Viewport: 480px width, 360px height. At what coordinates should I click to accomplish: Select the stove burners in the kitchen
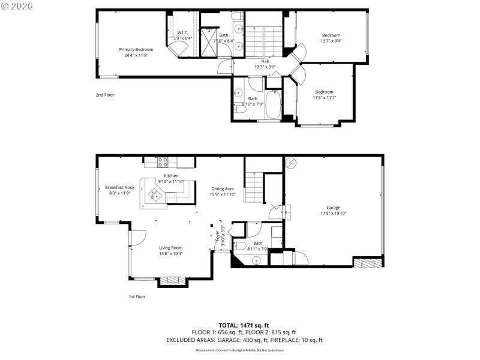tap(162, 161)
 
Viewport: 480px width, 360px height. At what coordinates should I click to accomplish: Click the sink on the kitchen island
tap(155, 194)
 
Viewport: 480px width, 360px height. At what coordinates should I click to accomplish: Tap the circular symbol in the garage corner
tap(292, 163)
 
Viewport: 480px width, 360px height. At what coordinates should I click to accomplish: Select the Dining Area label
tap(222, 191)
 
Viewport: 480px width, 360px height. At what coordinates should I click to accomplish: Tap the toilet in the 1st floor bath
tap(239, 246)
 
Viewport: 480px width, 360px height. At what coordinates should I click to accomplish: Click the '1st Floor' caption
tap(137, 296)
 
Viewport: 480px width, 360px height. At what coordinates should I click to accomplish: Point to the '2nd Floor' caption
tap(105, 95)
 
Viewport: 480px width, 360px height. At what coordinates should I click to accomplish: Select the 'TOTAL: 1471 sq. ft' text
tap(244, 324)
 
